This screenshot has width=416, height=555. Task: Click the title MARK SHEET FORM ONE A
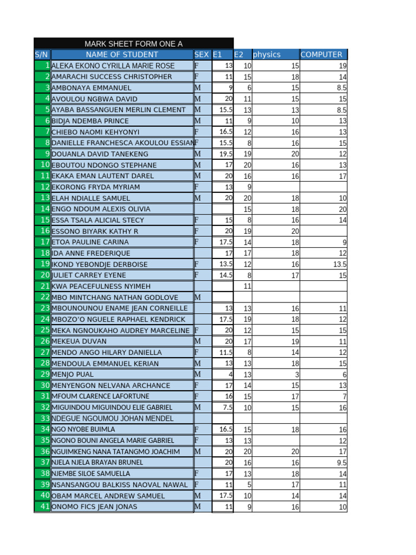133,43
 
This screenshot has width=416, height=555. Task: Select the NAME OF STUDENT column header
122,54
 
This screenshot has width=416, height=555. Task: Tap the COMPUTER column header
321,54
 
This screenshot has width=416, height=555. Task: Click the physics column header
267,54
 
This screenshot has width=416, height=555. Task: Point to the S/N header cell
42,54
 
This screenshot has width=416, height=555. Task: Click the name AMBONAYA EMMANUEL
92,88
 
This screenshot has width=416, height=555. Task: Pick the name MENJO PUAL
73,375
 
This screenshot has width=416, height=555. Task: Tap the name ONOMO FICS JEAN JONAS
94,507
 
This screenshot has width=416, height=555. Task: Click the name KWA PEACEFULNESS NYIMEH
101,286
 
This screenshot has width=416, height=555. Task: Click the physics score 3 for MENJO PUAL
296,375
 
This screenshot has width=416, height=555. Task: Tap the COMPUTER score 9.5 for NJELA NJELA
341,462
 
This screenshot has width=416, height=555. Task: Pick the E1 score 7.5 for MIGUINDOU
226,407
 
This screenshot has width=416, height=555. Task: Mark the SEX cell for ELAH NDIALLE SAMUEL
198,198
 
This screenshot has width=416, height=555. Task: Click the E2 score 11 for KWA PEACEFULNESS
247,286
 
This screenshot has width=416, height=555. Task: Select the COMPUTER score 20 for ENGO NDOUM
342,209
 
